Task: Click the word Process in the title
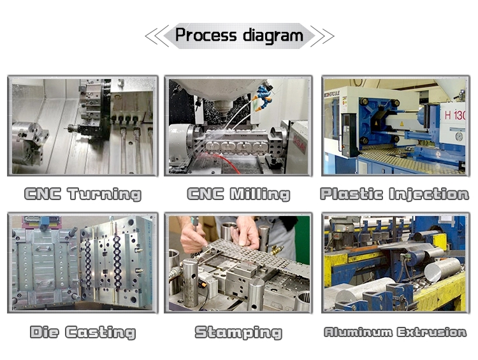click(206, 35)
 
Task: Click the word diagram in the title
click(273, 36)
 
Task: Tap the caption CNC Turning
click(83, 194)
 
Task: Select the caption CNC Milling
click(238, 194)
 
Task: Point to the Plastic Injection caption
click(395, 194)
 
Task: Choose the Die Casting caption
click(83, 332)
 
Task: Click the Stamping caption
click(238, 332)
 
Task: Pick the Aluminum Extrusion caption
click(395, 332)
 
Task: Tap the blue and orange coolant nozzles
click(263, 96)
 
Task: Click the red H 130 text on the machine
click(454, 115)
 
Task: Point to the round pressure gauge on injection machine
click(459, 136)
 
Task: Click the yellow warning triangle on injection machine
click(401, 124)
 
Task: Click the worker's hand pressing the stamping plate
click(246, 233)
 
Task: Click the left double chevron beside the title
click(157, 36)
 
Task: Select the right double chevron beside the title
click(322, 36)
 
